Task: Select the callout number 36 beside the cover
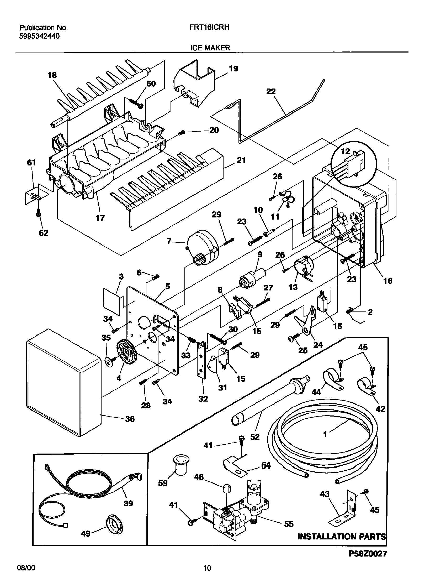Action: pos(130,419)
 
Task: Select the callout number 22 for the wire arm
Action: pos(271,91)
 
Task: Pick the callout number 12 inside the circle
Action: pos(346,151)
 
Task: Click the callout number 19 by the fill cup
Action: pos(233,69)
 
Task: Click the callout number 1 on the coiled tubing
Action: pos(325,435)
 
